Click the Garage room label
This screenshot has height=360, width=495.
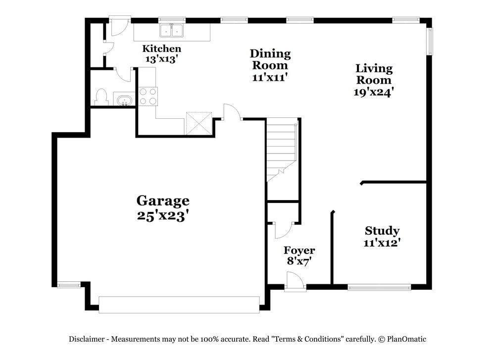(x=163, y=201)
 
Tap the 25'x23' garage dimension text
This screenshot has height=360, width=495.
(x=163, y=216)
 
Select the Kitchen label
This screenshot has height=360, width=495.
(x=161, y=49)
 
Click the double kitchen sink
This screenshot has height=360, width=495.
(x=171, y=31)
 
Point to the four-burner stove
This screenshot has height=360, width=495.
(x=148, y=96)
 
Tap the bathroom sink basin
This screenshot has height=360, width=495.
(x=124, y=100)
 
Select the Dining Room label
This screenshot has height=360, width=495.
(x=270, y=59)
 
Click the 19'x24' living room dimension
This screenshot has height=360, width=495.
(x=374, y=92)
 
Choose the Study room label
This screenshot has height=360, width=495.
(x=382, y=230)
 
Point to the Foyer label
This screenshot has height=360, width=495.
(x=299, y=250)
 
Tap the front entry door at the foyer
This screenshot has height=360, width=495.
(x=295, y=282)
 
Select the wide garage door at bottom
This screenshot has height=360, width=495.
(x=179, y=305)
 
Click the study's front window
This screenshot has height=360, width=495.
(x=379, y=287)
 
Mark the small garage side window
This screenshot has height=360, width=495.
(x=68, y=285)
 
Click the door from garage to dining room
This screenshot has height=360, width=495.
(x=232, y=113)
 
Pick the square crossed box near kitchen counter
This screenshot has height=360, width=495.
(x=198, y=123)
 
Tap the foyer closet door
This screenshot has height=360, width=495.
(x=284, y=229)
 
